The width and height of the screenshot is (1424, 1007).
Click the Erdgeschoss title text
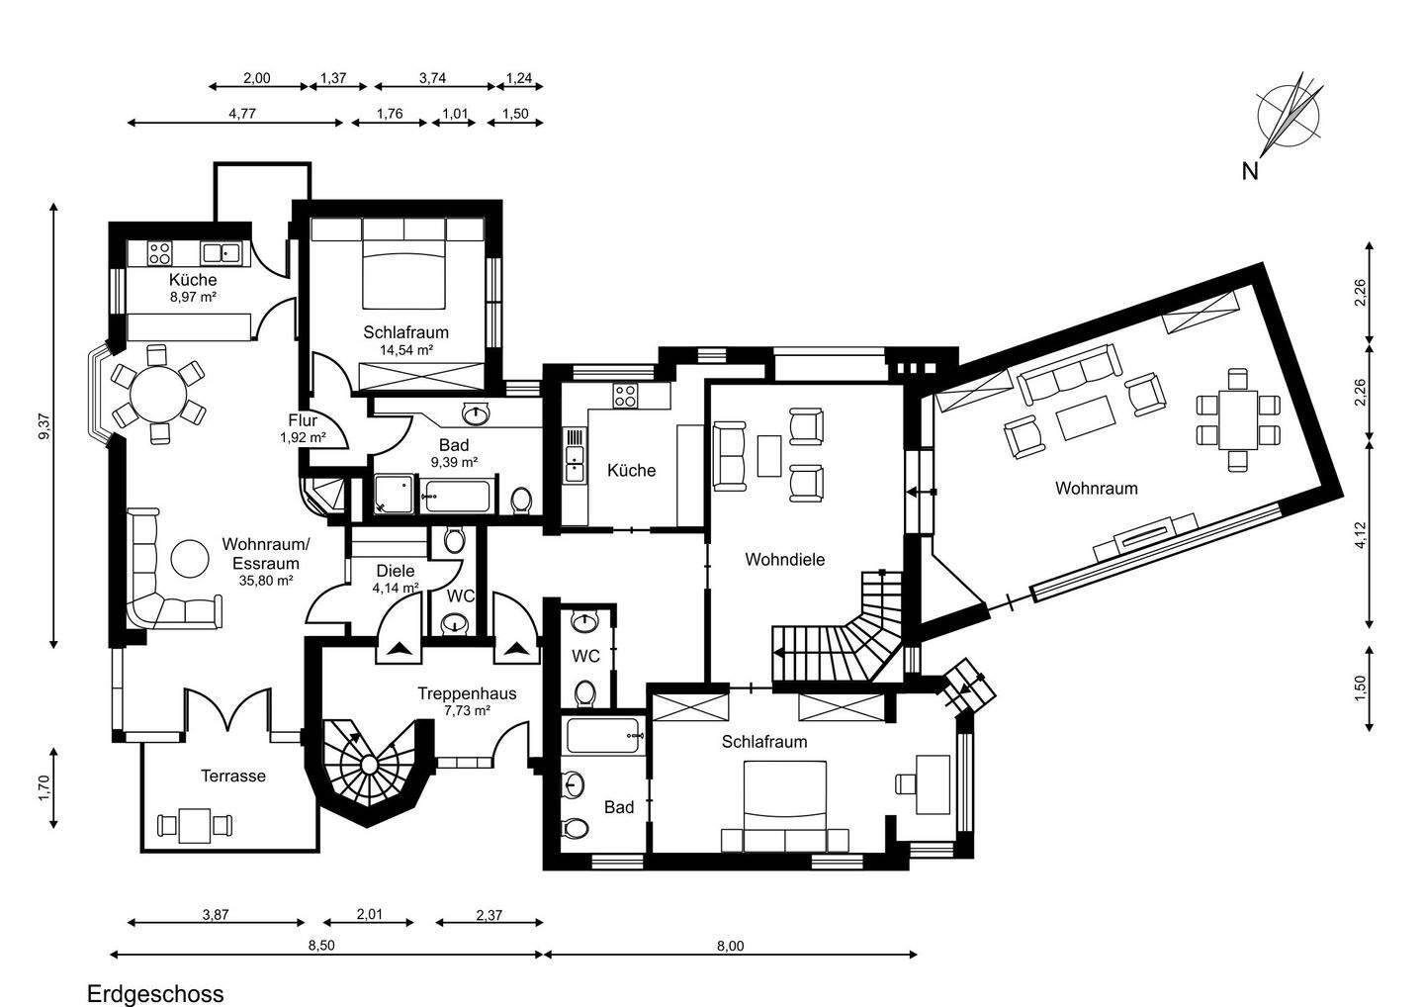pyautogui.click(x=155, y=993)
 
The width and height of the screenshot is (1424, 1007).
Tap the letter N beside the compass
pyautogui.click(x=1250, y=171)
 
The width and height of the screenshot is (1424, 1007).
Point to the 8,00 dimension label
pyautogui.click(x=730, y=946)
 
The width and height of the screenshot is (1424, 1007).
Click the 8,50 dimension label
pyautogui.click(x=321, y=946)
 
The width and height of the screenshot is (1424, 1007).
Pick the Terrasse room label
pyautogui.click(x=233, y=776)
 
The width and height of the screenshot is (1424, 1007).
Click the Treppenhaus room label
pyautogui.click(x=467, y=693)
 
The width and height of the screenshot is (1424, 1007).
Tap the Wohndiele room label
pyautogui.click(x=784, y=559)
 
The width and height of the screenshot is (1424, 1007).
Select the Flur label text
pyautogui.click(x=302, y=419)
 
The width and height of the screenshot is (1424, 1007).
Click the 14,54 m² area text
pyautogui.click(x=405, y=349)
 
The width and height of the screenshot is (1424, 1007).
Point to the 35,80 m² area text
pyautogui.click(x=265, y=581)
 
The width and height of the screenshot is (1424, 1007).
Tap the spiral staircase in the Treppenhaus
pyautogui.click(x=368, y=765)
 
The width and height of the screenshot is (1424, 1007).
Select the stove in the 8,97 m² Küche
pyautogui.click(x=159, y=252)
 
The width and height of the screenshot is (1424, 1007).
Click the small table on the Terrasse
pyautogui.click(x=195, y=823)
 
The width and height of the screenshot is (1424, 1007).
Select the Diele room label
pyautogui.click(x=396, y=571)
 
